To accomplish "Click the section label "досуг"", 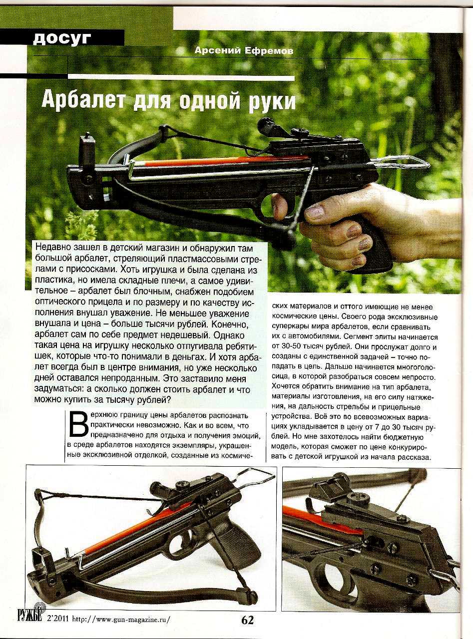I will click(62, 38).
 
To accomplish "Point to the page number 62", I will click(247, 620).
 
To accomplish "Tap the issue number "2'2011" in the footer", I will click(56, 620).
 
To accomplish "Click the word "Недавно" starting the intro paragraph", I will click(54, 248).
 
